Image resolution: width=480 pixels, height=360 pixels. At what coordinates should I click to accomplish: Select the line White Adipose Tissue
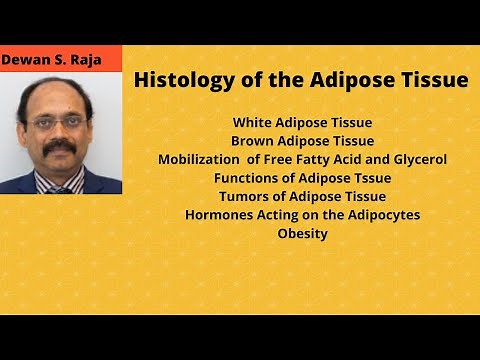[301, 123]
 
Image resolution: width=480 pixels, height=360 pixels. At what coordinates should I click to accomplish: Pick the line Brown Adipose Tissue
[302, 141]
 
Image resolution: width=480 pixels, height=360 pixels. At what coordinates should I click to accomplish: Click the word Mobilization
[201, 160]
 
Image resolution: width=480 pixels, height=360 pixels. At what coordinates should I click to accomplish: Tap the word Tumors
[243, 196]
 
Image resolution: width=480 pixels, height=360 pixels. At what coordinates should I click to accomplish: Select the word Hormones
[217, 215]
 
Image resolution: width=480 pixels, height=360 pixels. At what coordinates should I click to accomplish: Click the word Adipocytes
[383, 215]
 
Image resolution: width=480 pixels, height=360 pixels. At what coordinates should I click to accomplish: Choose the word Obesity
[302, 233]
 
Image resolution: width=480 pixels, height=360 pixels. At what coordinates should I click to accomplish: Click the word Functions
[249, 178]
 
